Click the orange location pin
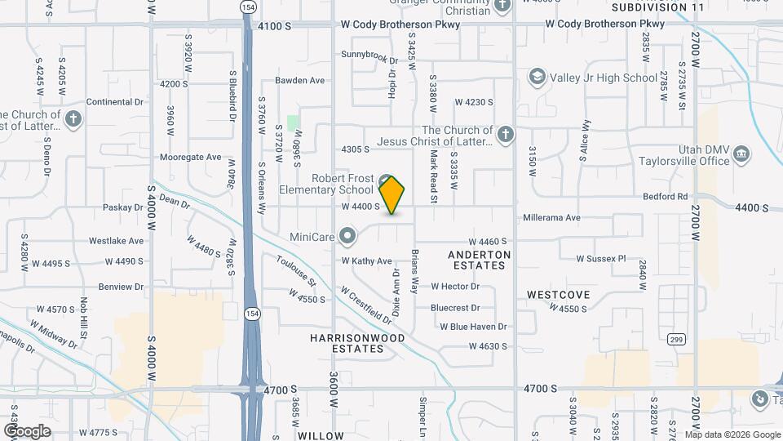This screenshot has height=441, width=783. click(391, 194)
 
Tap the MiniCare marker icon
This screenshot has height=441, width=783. click(348, 238)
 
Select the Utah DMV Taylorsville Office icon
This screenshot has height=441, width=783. click(741, 154)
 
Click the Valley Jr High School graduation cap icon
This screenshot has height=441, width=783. click(537, 78)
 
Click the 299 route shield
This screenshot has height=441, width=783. click(675, 338)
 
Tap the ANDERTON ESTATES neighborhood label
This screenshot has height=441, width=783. click(480, 260)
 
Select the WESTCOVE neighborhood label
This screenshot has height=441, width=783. click(558, 294)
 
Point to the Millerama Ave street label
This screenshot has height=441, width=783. click(551, 218)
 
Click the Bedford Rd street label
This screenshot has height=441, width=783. click(666, 197)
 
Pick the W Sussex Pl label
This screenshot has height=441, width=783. click(600, 258)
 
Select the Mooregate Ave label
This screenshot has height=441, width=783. click(190, 157)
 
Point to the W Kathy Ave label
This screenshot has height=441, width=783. click(366, 261)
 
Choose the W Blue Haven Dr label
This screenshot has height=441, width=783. click(473, 327)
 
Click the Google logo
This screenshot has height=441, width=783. click(27, 431)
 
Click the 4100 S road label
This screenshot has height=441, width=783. click(274, 26)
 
